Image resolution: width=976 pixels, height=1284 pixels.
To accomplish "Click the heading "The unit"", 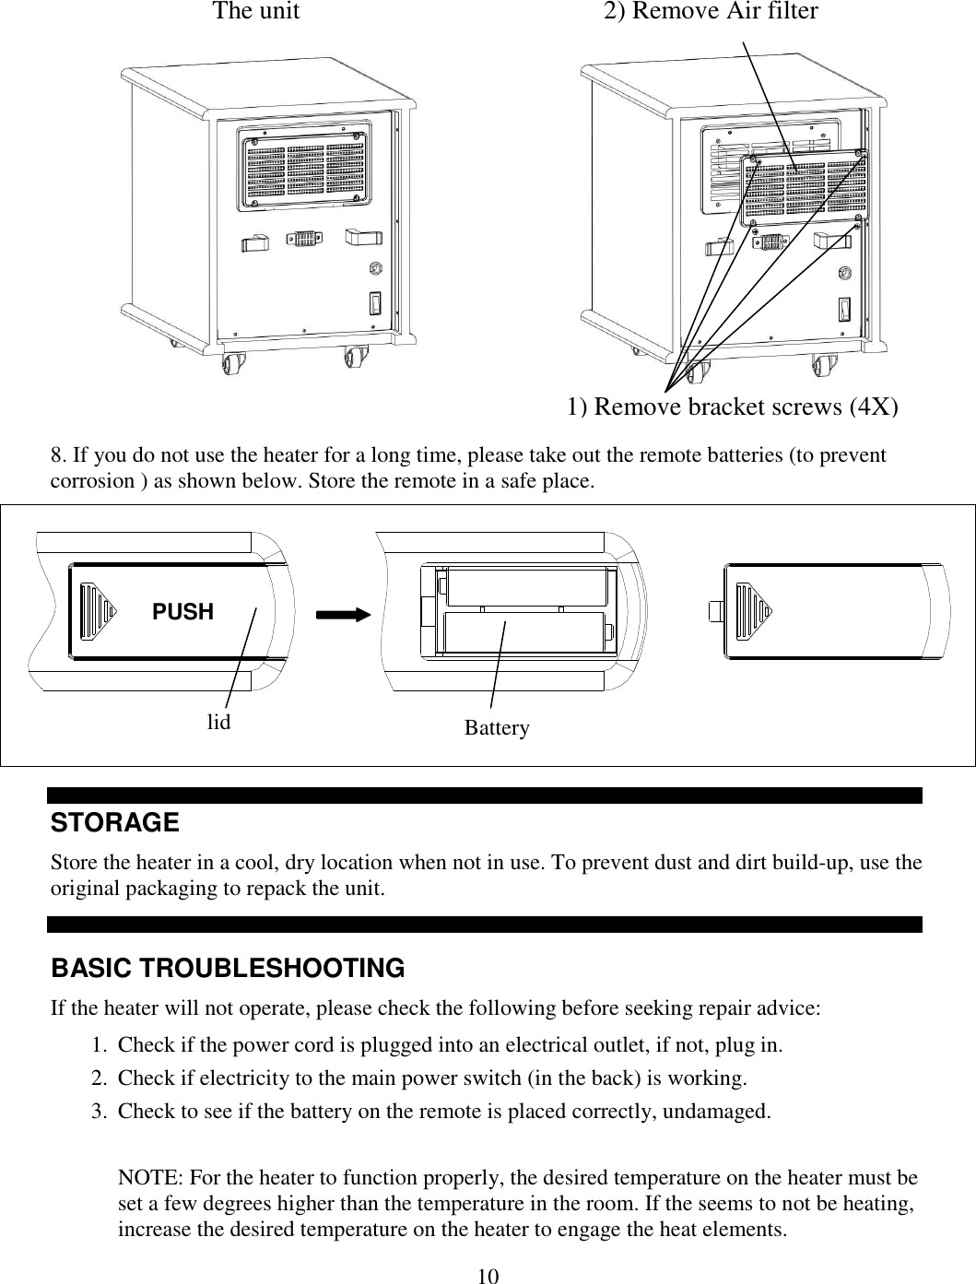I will click(x=255, y=12).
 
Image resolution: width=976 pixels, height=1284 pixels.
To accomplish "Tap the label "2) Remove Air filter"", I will click(x=710, y=12).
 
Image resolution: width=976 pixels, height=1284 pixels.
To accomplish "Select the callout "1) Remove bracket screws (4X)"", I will click(x=733, y=406).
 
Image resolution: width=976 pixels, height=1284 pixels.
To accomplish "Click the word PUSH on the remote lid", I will click(x=182, y=612).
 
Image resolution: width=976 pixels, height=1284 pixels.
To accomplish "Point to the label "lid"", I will click(x=218, y=723).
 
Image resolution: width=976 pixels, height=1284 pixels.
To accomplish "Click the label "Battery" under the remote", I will click(x=497, y=728).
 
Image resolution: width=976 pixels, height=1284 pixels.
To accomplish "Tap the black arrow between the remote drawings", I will click(x=343, y=612).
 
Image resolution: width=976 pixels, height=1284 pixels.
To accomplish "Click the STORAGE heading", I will click(x=115, y=821).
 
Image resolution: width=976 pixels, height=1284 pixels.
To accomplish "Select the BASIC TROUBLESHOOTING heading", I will click(x=228, y=969).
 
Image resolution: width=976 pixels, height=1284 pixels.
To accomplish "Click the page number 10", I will click(x=488, y=1276).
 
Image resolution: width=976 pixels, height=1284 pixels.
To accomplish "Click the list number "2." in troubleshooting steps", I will click(x=100, y=1078).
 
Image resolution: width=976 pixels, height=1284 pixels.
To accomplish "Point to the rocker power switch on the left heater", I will click(x=375, y=304).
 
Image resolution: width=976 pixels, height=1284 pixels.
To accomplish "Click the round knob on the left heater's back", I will click(x=375, y=269).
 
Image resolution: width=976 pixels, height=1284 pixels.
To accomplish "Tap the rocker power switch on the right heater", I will click(x=845, y=310).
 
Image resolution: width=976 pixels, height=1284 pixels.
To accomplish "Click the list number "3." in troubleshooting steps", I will click(x=100, y=1111).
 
